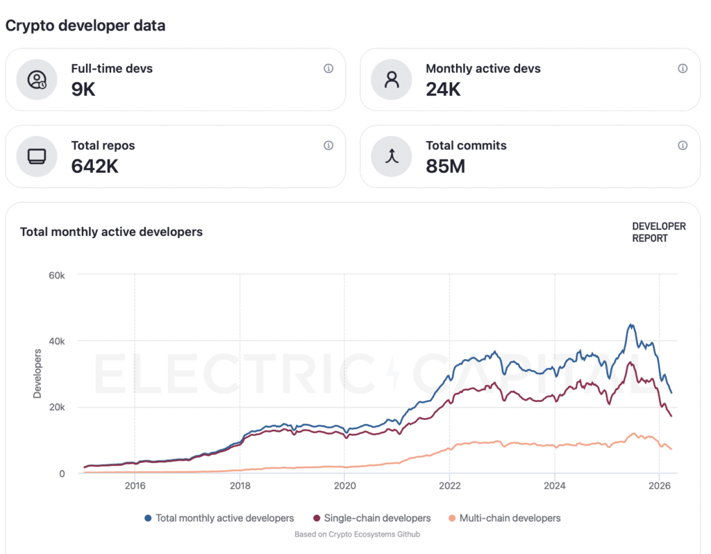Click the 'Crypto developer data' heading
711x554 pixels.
[x=85, y=26]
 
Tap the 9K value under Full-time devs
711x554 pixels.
[x=83, y=89]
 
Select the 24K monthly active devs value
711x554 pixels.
[x=443, y=89]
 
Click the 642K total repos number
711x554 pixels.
[x=95, y=166]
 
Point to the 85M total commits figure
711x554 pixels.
[x=445, y=166]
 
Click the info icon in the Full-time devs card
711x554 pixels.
[x=328, y=69]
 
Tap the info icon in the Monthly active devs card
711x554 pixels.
[x=683, y=69]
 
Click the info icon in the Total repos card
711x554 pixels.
[x=328, y=146]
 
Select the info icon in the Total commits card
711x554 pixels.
[x=683, y=146]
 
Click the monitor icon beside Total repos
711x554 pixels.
[x=37, y=156]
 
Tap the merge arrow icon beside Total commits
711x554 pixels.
[x=392, y=156]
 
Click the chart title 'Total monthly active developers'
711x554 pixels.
[x=111, y=232]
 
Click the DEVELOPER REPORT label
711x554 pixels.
[x=658, y=232]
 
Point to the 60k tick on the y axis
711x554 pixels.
[x=56, y=275]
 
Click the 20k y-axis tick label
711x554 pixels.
[x=56, y=408]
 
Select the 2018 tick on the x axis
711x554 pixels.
[x=240, y=485]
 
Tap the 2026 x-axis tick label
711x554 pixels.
[x=659, y=485]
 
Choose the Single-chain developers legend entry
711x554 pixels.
[x=371, y=518]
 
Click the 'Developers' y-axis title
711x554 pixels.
[x=37, y=373]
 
